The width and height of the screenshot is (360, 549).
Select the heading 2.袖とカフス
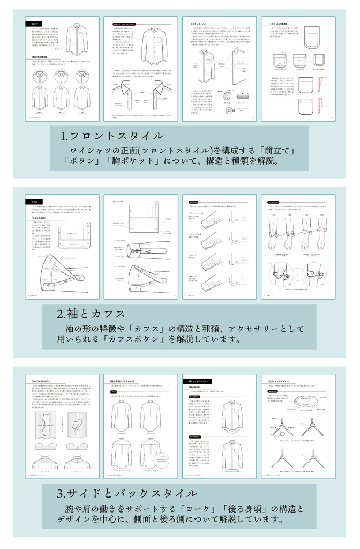[x=92, y=313]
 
